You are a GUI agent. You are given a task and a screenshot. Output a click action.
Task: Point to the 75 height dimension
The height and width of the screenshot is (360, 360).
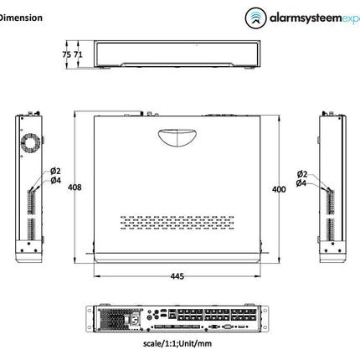pos(66,54)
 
